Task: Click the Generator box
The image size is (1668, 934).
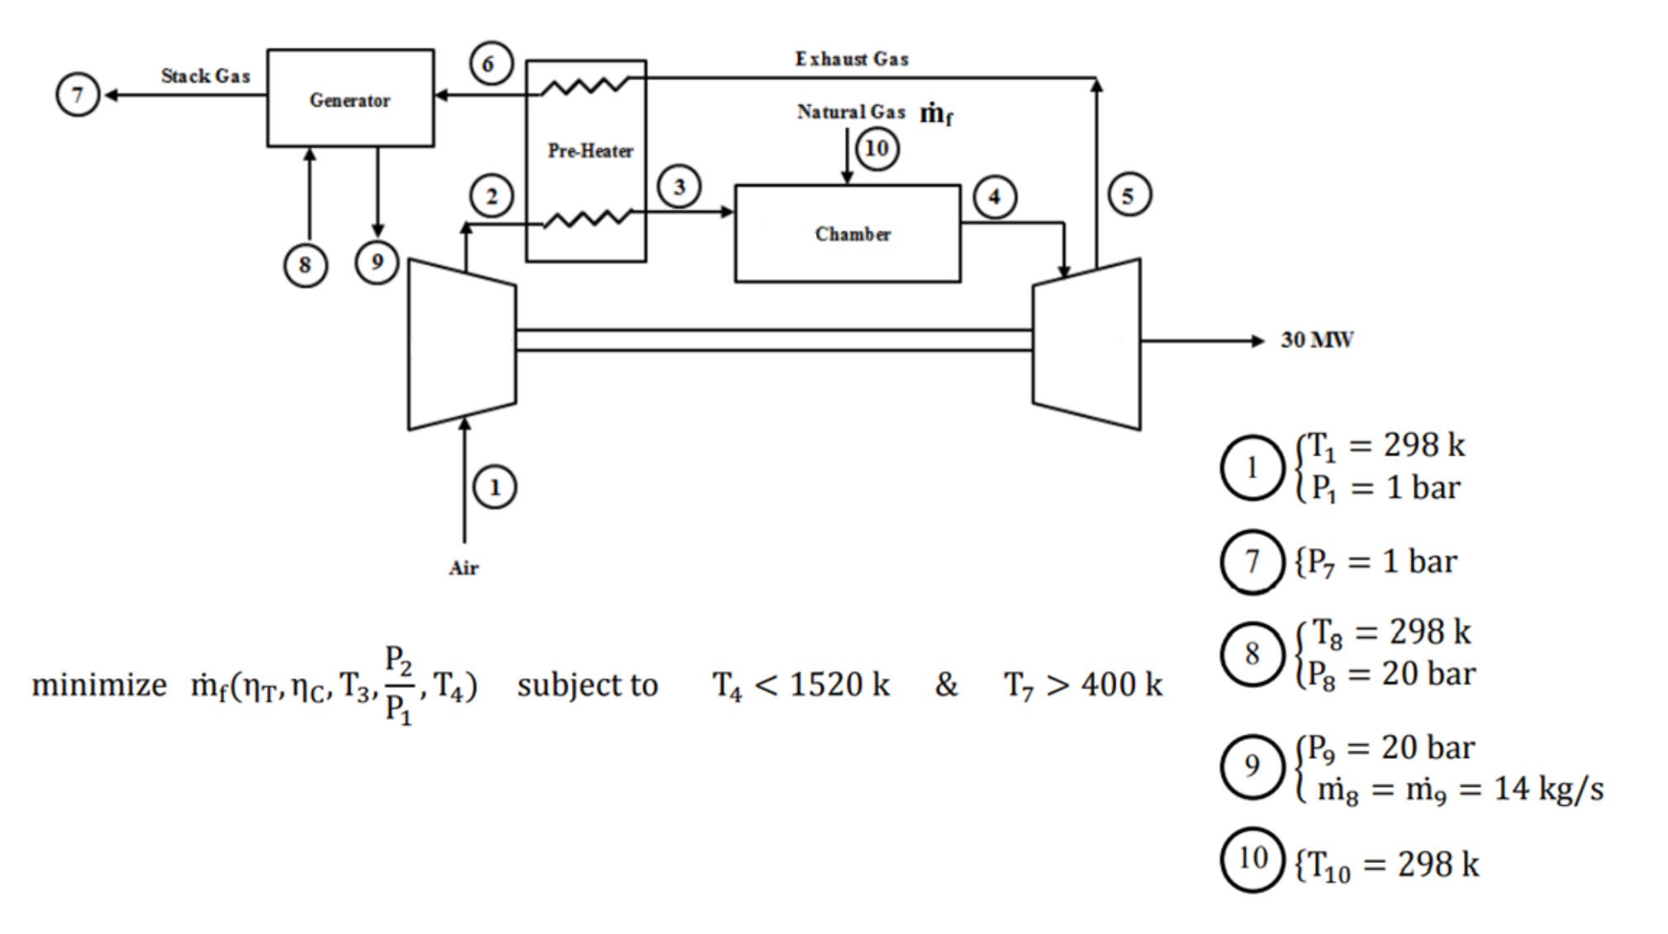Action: (x=350, y=98)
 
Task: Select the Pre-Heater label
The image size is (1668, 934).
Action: (x=590, y=151)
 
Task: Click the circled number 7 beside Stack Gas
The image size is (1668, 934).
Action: (x=78, y=94)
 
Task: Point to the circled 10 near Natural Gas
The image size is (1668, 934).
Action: (x=877, y=149)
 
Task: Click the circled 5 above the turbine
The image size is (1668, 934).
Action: (x=1129, y=196)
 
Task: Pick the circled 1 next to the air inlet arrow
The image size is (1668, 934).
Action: (x=495, y=487)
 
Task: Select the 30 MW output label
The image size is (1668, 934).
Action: (x=1317, y=340)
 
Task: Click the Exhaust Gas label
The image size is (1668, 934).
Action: (x=852, y=59)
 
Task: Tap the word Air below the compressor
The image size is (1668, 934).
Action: (x=463, y=568)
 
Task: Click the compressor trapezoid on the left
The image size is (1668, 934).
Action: (x=462, y=345)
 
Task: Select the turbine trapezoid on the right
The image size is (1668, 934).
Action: (x=1087, y=345)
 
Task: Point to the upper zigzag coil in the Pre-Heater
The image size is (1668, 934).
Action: (x=585, y=85)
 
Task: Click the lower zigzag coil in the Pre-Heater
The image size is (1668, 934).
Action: (x=587, y=219)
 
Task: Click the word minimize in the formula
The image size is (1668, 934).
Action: (x=99, y=685)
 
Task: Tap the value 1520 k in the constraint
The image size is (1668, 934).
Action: (x=839, y=684)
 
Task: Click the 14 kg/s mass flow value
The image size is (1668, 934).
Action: (x=1548, y=789)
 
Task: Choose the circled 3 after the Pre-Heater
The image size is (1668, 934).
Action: (x=679, y=187)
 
